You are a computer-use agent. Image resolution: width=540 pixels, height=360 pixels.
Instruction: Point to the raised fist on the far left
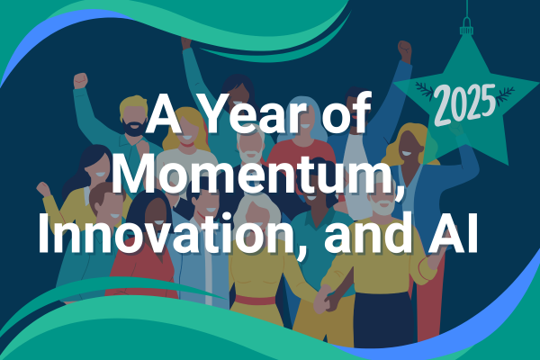[81, 80]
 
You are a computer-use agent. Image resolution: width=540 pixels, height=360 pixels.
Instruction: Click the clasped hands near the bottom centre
[320, 300]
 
